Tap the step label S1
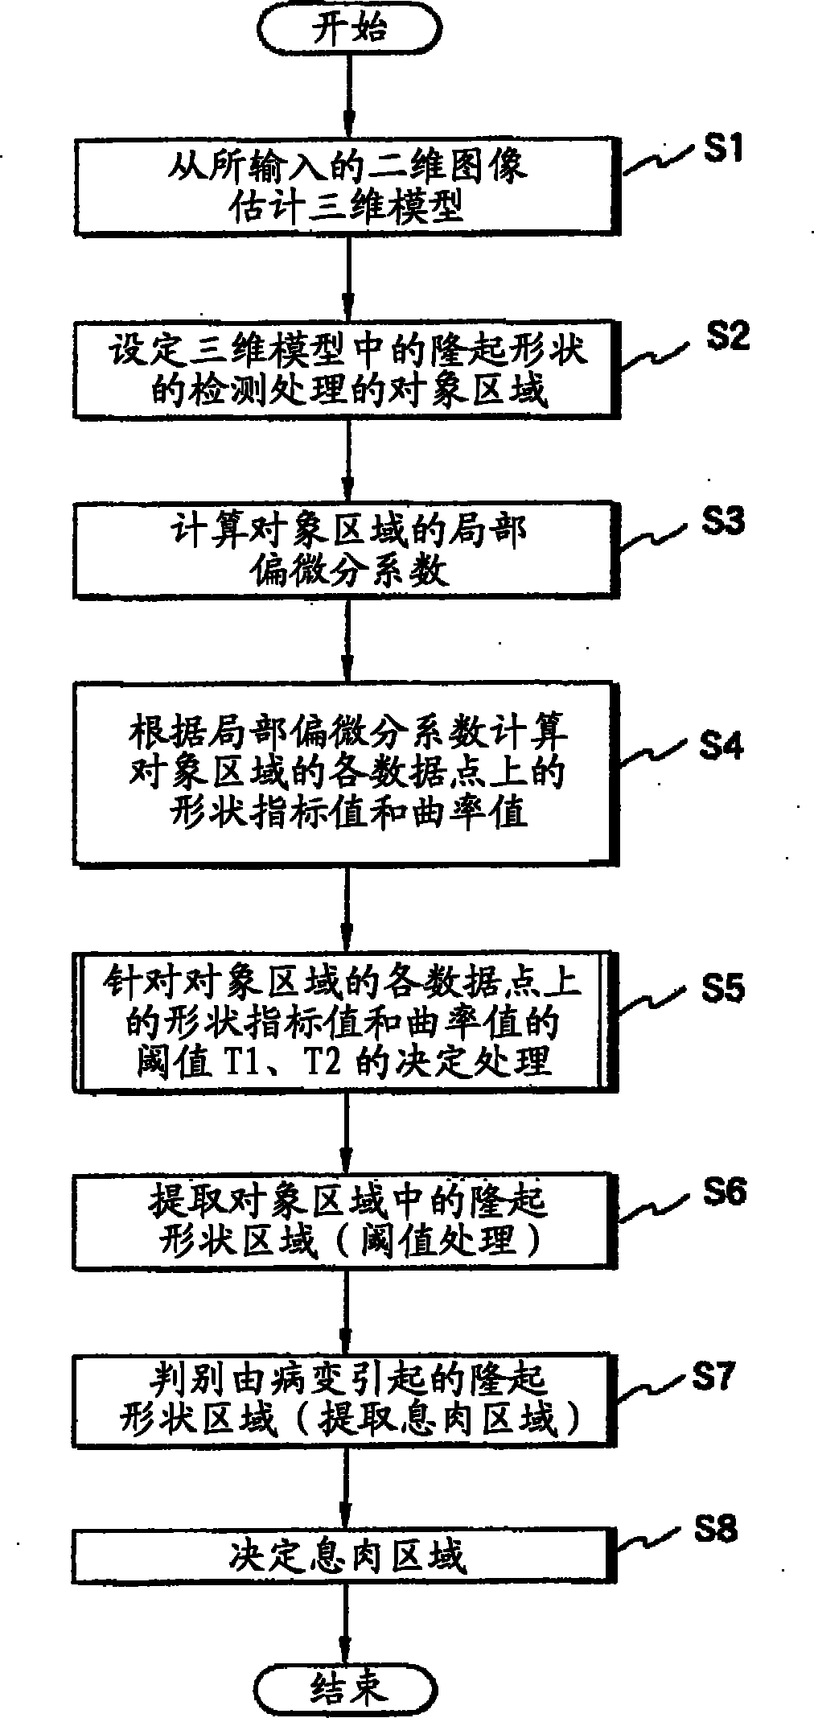click(x=721, y=150)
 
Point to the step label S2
click(x=727, y=335)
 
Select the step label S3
click(x=721, y=521)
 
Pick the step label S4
click(x=721, y=746)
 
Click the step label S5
click(x=722, y=988)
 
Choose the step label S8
click(x=716, y=1528)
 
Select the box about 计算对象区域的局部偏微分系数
click(x=347, y=550)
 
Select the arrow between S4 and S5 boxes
click(x=348, y=908)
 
